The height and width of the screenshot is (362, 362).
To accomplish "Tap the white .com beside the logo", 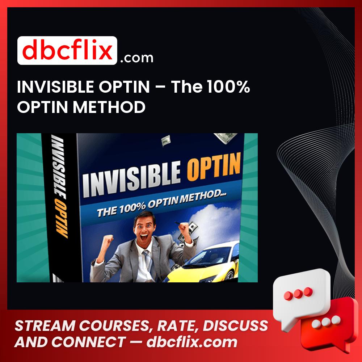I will click(x=136, y=58).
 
